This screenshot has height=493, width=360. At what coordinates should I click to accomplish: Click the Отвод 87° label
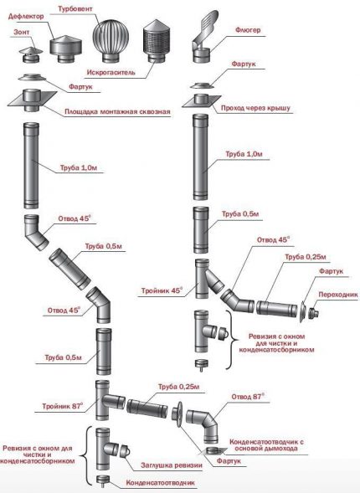click(246, 394)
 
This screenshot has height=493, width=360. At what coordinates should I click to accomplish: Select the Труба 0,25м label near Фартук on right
click(303, 256)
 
